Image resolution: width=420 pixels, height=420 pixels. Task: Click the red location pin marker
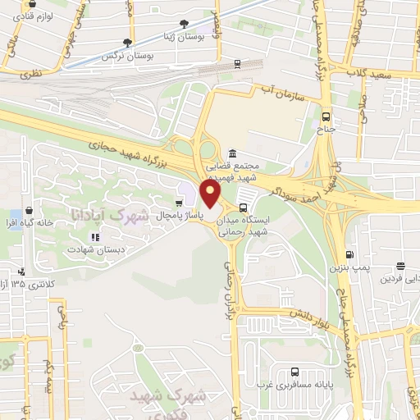(211, 195)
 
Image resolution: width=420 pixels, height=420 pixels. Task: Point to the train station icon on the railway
(237, 63)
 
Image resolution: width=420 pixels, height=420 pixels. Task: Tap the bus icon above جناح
(326, 116)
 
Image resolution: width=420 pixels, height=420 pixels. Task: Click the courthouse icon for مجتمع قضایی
(233, 154)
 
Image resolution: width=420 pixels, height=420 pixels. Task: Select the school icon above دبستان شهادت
(95, 238)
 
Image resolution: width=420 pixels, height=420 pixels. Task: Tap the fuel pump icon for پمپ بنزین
(350, 255)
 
